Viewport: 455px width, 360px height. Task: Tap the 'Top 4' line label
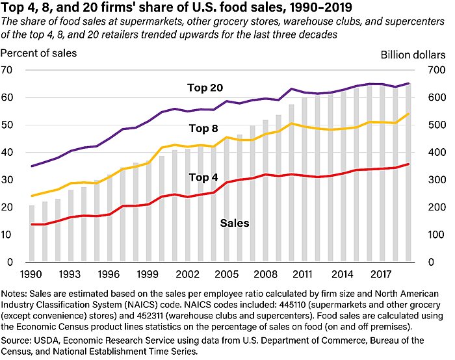[203, 177]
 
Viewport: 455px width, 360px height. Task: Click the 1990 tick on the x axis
[32, 274]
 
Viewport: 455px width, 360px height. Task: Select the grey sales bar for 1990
[32, 234]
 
